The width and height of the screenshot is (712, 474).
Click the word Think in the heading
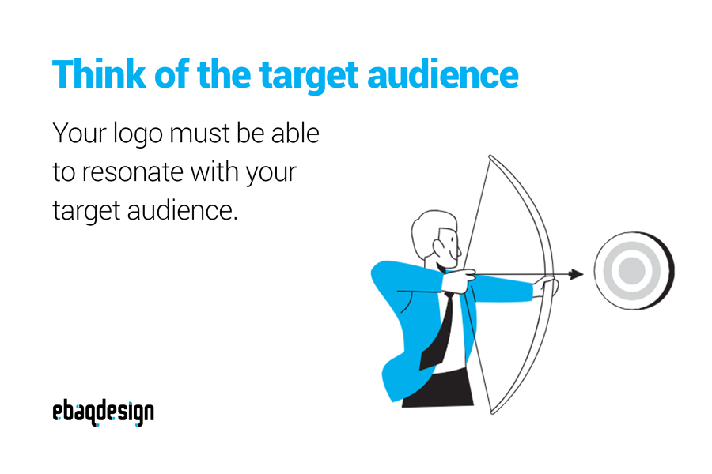click(99, 73)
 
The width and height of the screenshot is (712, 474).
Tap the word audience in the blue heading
click(443, 74)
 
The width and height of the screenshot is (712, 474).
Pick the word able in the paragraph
click(295, 134)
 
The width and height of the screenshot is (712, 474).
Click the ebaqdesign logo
click(103, 412)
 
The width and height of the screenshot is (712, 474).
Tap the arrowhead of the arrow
click(576, 274)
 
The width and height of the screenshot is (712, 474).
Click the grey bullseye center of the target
click(631, 270)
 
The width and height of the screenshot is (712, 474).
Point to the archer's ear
click(439, 247)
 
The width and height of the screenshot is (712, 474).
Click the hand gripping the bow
click(545, 287)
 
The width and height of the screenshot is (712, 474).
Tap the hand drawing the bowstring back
click(459, 280)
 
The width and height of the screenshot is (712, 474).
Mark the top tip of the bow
click(490, 156)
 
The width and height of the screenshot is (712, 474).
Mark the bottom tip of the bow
click(493, 412)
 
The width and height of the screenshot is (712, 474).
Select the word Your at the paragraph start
click(79, 134)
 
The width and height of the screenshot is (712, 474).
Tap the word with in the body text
click(215, 172)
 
